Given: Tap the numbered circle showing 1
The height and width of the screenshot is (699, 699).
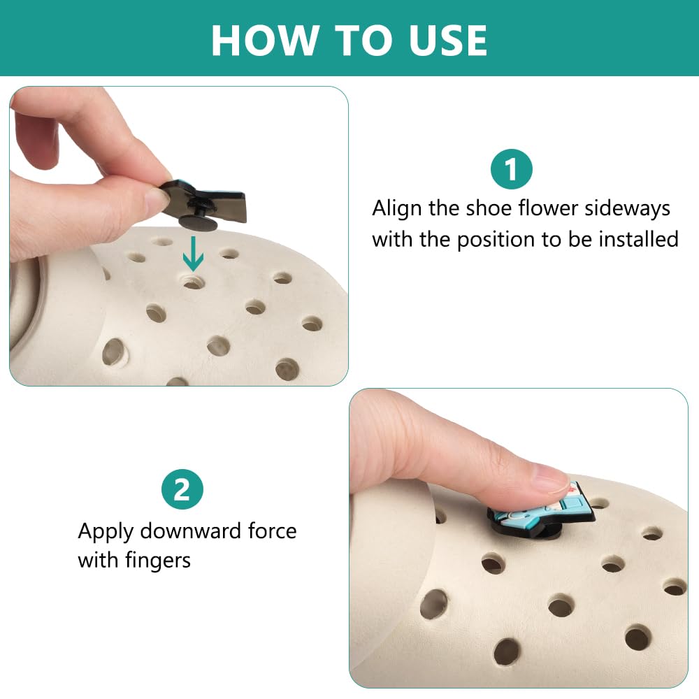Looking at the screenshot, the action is (512, 169).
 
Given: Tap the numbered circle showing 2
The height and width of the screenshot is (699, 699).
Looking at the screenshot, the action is (182, 489).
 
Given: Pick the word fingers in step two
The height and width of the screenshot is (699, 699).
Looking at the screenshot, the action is (158, 561).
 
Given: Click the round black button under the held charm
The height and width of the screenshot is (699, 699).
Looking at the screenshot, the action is (198, 221).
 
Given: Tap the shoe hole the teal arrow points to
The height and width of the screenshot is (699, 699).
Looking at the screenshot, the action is (194, 282).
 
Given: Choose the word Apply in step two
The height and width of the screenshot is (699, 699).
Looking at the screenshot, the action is (106, 532).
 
